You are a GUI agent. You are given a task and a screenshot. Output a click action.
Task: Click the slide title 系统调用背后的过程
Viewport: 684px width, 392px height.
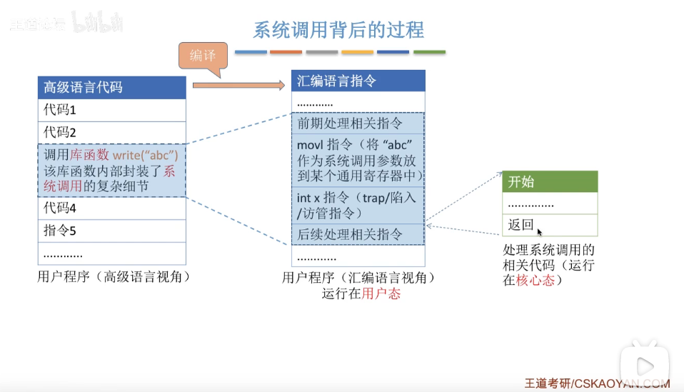[338, 30]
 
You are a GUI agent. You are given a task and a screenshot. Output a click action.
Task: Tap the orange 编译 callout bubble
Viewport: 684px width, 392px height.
[203, 56]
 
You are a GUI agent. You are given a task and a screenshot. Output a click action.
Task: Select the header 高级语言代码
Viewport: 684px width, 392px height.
[111, 87]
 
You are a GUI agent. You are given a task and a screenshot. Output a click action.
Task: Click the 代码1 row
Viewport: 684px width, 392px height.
[111, 110]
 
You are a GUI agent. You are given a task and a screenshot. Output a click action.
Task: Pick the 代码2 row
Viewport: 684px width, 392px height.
[111, 133]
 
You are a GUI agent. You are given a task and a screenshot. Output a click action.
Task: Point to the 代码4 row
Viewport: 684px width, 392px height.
[111, 208]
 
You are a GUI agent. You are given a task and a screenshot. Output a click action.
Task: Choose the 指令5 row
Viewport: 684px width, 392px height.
[111, 231]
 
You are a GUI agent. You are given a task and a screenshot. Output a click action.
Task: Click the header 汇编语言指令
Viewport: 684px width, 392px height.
[358, 81]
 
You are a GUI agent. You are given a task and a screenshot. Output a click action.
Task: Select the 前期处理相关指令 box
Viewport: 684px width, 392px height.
[358, 124]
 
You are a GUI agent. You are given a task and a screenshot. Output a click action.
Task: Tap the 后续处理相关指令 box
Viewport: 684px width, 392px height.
[358, 233]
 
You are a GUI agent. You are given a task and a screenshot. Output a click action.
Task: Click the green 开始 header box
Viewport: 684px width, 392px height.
[549, 181]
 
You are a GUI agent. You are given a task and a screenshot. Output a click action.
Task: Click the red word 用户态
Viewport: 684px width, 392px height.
[381, 293]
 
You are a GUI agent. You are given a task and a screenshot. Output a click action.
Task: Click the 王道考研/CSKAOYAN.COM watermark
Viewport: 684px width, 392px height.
[597, 383]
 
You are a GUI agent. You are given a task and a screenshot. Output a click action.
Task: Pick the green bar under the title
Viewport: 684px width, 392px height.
[429, 52]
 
